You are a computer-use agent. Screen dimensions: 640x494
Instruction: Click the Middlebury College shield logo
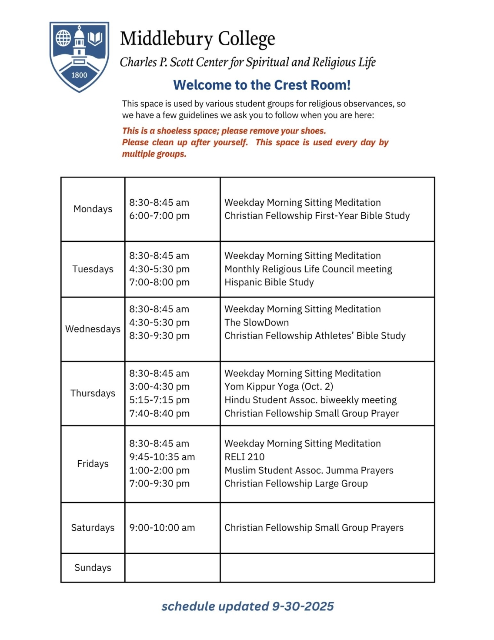pyautogui.click(x=79, y=57)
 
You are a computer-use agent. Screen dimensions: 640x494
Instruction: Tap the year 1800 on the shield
pyautogui.click(x=79, y=75)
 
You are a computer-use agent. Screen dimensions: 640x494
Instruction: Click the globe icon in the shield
pyautogui.click(x=63, y=38)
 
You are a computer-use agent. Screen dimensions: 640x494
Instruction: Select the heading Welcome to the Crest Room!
pyautogui.click(x=262, y=85)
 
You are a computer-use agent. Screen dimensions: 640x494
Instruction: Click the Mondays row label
pyautogui.click(x=93, y=209)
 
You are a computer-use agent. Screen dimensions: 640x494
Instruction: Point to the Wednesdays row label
pyautogui.click(x=93, y=329)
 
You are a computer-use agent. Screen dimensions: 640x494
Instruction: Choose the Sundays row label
pyautogui.click(x=93, y=567)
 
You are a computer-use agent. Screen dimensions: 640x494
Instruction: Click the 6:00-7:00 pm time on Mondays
pyautogui.click(x=159, y=216)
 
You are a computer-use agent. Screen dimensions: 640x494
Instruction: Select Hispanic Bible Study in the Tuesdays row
pyautogui.click(x=269, y=282)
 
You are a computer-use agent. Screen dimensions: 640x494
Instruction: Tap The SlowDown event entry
pyautogui.click(x=257, y=322)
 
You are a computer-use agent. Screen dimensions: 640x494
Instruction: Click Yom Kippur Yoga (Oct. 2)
pyautogui.click(x=279, y=387)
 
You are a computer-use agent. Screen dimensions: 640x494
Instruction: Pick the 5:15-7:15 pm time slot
pyautogui.click(x=159, y=400)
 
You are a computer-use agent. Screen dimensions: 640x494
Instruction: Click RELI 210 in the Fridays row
pyautogui.click(x=244, y=457)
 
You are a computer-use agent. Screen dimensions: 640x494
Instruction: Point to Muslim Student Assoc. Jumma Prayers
pyautogui.click(x=309, y=470)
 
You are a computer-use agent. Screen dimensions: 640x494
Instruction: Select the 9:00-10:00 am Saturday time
pyautogui.click(x=162, y=528)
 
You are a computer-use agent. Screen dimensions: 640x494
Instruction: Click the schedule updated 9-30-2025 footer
pyautogui.click(x=247, y=606)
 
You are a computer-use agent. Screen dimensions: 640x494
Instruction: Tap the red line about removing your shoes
pyautogui.click(x=224, y=131)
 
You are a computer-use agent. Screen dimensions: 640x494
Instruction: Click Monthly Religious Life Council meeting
pyautogui.click(x=308, y=269)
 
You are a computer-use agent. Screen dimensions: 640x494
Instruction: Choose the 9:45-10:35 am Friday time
pyautogui.click(x=162, y=457)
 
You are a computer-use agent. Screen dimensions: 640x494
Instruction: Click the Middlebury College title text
pyautogui.click(x=197, y=39)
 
